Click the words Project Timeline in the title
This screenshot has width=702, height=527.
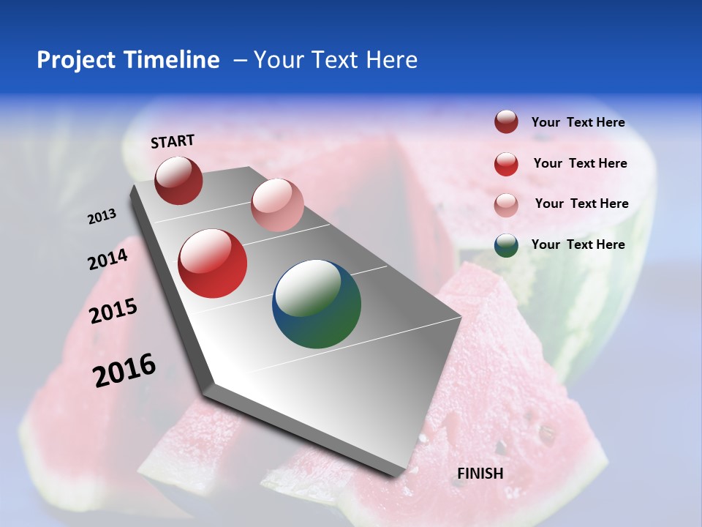point(128,60)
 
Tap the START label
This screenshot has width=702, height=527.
point(173,141)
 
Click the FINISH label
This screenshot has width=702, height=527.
point(480,474)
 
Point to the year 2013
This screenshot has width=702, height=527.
point(102,217)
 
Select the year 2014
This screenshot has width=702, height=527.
point(107,259)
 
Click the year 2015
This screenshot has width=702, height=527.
point(113,311)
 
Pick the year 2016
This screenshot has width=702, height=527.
point(124,370)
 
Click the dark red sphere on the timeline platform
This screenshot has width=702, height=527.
point(178,180)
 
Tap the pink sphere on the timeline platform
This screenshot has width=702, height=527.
point(277,205)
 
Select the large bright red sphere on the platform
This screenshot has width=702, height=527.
point(213,263)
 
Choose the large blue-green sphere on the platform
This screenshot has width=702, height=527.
point(317,304)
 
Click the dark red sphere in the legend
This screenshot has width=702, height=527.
point(506,122)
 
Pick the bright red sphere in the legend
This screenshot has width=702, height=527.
point(506,164)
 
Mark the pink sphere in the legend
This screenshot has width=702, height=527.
point(506,205)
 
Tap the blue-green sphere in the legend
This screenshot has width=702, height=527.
point(506,245)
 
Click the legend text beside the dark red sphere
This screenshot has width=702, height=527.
point(578,122)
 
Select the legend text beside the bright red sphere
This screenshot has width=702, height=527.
point(580,163)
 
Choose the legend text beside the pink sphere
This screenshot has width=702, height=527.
point(581,203)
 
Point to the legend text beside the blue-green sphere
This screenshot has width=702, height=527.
point(578,244)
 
